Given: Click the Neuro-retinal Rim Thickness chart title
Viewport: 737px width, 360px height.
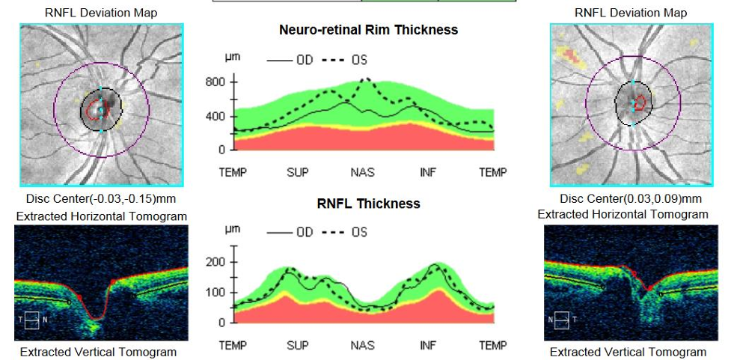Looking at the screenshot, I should pos(368,31).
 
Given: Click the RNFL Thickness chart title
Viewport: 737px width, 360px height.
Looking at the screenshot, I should pos(368,204).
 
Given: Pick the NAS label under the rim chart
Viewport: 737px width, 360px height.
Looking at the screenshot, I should pos(363,173).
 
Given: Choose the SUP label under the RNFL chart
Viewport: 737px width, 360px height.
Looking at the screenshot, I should pos(298,346).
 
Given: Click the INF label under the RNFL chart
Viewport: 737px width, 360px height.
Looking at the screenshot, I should pos(428,346).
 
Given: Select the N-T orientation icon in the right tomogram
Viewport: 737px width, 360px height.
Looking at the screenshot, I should pos(562,320).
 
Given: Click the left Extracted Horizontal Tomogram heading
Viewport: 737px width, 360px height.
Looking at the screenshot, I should pos(101,216).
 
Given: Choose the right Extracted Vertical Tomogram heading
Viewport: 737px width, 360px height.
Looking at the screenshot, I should pos(628,352).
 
